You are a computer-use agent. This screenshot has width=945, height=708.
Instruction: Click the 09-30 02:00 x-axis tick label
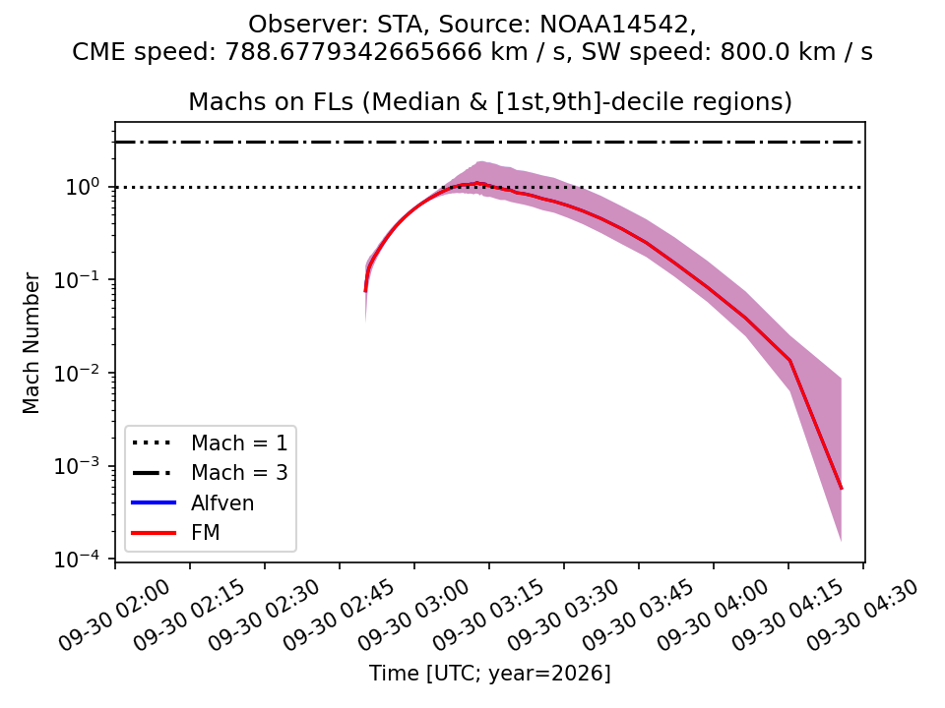point(114,616)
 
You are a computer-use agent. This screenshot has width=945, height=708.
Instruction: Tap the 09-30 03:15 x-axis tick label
point(489,616)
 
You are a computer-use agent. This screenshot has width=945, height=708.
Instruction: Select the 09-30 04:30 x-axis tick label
point(862,616)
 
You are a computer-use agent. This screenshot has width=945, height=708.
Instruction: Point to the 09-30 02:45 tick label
point(340,616)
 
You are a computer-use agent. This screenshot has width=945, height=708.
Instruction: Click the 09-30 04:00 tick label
point(713,616)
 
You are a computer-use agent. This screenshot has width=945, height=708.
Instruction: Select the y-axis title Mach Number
point(31,343)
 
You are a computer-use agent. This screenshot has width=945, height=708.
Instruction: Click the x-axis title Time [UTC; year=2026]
point(490,673)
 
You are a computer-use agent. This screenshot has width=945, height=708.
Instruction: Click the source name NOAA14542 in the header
point(613,25)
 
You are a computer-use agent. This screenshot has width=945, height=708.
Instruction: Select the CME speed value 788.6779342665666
point(353,52)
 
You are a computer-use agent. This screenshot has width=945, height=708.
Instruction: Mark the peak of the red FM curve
point(477,183)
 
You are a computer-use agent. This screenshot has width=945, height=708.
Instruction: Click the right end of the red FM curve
point(841,489)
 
